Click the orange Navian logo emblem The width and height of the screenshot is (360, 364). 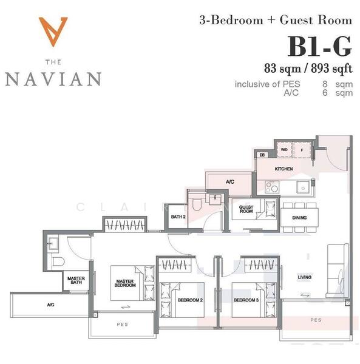(52, 30)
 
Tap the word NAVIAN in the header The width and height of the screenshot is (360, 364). (53, 79)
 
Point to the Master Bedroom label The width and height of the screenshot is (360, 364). (126, 283)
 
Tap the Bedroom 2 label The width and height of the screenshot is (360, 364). (190, 300)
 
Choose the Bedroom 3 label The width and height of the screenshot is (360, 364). (247, 300)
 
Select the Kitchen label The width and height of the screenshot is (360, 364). (284, 169)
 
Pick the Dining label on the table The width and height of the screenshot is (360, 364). (299, 218)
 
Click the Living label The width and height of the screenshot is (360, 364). (304, 278)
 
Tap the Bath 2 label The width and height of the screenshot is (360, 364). (177, 217)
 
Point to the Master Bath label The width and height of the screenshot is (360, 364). (75, 281)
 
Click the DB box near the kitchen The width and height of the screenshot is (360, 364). (262, 155)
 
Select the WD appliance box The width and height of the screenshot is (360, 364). (284, 149)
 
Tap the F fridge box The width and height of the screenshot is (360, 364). (301, 149)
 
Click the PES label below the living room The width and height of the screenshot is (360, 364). (316, 320)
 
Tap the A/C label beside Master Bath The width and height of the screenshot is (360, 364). (50, 305)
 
